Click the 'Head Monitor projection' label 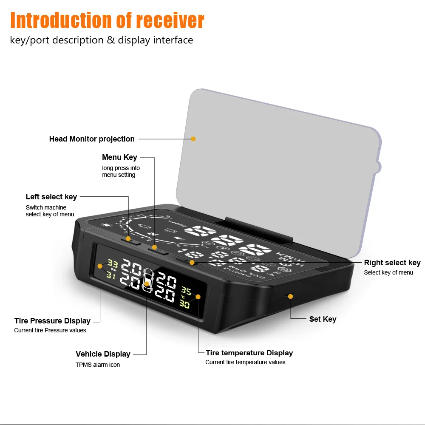click(92, 139)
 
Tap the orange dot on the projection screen click(193, 139)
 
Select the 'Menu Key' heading click(119, 158)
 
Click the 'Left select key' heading click(51, 197)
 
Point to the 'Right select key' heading click(392, 263)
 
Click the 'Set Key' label click(323, 319)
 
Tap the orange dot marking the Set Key click(291, 296)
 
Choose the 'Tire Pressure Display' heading click(52, 321)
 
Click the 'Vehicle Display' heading click(103, 354)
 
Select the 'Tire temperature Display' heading click(249, 353)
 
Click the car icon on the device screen click(148, 280)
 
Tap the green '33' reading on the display click(113, 263)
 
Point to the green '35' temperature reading click(186, 291)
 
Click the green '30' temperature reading click(184, 304)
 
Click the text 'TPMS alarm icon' click(98, 365)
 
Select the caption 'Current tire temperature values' click(245, 363)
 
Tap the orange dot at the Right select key click(192, 263)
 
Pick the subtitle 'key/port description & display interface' click(102, 40)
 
